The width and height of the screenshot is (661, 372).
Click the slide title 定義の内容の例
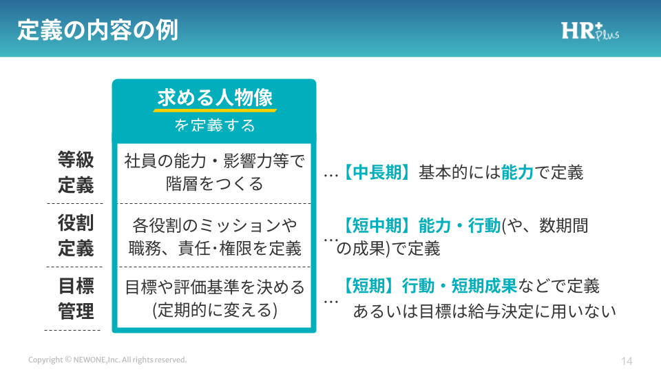(98, 30)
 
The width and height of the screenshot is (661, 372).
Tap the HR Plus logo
(590, 32)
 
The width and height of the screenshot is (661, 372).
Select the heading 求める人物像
(215, 97)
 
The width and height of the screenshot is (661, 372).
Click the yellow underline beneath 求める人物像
(215, 110)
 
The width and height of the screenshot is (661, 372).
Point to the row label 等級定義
(76, 172)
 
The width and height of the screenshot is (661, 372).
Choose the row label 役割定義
(76, 236)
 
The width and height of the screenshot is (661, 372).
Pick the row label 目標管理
(76, 298)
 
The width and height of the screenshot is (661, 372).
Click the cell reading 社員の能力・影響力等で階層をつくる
(214, 172)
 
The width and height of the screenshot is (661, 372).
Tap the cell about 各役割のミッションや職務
(215, 236)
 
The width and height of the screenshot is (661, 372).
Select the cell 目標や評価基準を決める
(215, 298)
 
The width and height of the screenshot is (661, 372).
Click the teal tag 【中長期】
(377, 172)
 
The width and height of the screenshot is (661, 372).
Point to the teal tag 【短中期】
(377, 226)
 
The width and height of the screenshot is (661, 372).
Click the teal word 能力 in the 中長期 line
(517, 172)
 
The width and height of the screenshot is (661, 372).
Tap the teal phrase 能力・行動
(459, 226)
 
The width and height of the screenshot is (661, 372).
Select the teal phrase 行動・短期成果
(459, 286)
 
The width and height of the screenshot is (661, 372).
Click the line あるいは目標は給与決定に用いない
(484, 311)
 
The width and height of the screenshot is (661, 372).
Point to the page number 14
(627, 361)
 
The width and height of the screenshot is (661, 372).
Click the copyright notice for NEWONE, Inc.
(107, 360)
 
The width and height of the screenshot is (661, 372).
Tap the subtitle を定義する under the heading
(215, 125)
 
